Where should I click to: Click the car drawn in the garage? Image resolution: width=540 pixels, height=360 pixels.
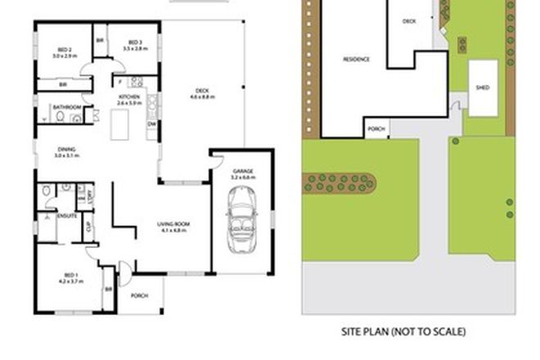[243, 218]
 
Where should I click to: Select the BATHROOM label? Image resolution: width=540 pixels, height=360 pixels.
[66, 107]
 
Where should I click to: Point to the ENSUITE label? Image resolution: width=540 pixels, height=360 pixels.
[67, 215]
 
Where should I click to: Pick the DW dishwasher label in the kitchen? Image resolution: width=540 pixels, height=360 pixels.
[151, 124]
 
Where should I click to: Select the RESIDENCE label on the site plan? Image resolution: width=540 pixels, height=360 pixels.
[356, 59]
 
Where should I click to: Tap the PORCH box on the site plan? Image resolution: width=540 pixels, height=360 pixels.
[377, 129]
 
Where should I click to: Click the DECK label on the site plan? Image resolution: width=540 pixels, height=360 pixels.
[409, 23]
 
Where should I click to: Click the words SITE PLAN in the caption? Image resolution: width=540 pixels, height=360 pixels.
[367, 331]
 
